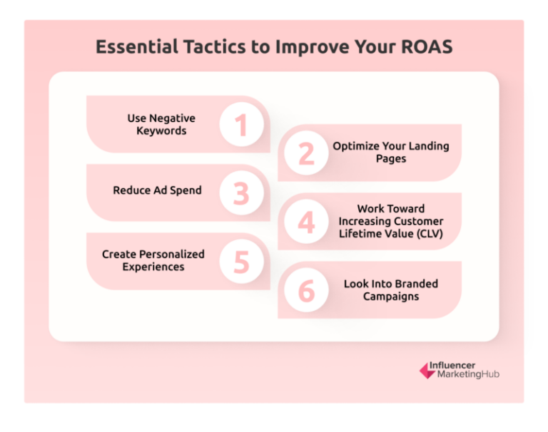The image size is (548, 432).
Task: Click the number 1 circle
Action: (x=241, y=125)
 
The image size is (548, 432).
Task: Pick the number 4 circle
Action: (x=306, y=222)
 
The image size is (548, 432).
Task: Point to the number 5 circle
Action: (x=241, y=262)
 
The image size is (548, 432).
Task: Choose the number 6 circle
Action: (x=306, y=290)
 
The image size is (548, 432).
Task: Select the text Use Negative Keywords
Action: (x=161, y=125)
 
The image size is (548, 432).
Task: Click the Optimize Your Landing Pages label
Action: (x=391, y=152)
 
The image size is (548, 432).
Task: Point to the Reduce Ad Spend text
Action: (x=157, y=190)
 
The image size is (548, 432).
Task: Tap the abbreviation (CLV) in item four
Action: (x=424, y=234)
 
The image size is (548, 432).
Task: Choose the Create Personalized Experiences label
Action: (x=153, y=260)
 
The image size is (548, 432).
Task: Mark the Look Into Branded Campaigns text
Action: (x=391, y=289)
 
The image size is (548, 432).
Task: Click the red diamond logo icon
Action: (x=427, y=370)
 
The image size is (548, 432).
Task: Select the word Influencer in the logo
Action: (x=452, y=365)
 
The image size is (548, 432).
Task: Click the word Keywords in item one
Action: (x=161, y=131)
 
